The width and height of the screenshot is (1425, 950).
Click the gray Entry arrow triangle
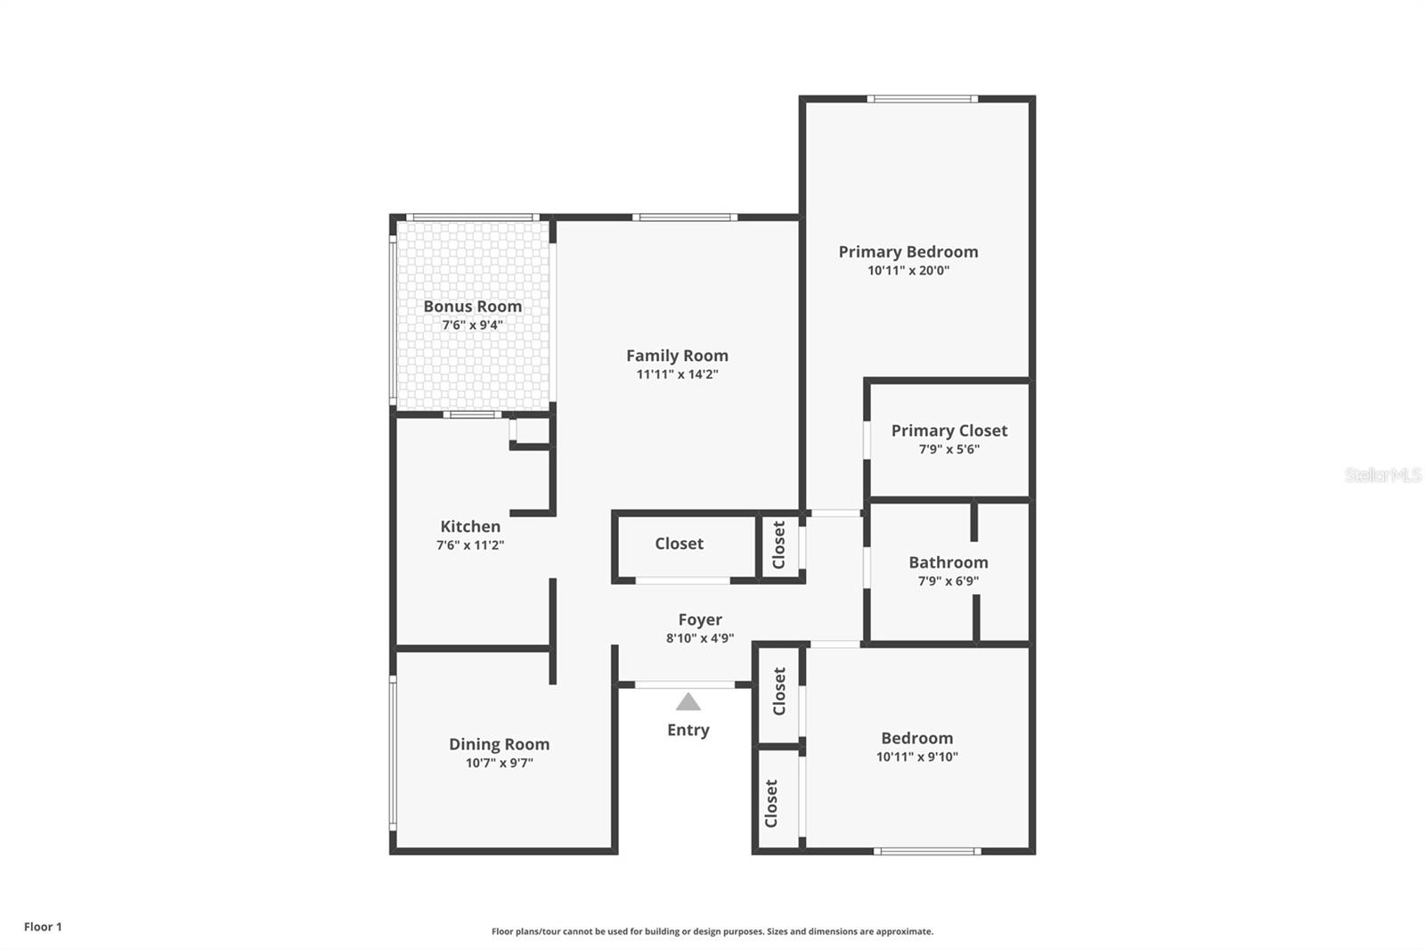(688, 702)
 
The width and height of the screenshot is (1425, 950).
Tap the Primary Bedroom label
(908, 252)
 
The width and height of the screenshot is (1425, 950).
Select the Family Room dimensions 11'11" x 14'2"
(677, 374)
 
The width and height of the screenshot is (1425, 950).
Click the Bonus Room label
(472, 307)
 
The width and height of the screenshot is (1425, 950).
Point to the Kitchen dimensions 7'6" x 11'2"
(469, 545)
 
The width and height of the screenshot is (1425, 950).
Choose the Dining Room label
(499, 744)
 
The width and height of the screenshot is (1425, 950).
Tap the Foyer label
(700, 619)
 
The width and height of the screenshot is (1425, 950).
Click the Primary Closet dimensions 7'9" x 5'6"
(949, 449)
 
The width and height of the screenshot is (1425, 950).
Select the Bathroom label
(948, 562)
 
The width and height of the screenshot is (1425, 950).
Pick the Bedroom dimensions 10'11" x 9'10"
(916, 757)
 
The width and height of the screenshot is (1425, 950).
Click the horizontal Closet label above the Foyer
(679, 544)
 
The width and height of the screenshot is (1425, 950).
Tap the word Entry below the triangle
(688, 730)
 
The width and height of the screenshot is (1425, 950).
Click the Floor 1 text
(43, 927)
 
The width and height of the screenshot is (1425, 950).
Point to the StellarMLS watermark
(1382, 475)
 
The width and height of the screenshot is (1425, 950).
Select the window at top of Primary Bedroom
(922, 99)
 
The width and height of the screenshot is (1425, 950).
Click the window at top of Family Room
(684, 217)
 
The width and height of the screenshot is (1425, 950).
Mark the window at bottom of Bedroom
(926, 851)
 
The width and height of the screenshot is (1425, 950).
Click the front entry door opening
(685, 684)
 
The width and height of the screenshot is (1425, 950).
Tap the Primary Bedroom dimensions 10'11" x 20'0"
(908, 271)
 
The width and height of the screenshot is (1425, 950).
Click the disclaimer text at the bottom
(712, 931)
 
